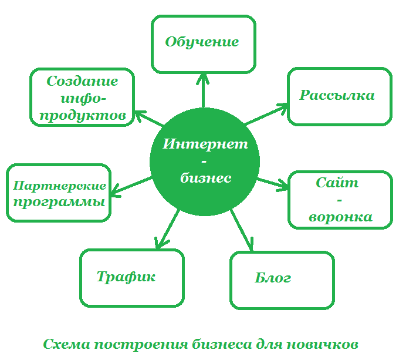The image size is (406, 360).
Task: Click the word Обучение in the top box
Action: click(202, 42)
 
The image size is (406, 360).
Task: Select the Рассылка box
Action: click(338, 96)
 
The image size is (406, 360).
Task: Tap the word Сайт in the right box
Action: click(337, 183)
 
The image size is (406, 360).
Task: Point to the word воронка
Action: click(341, 217)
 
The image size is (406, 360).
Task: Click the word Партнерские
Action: click(59, 186)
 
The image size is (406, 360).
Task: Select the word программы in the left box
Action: click(59, 203)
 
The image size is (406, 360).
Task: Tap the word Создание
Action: click(82, 81)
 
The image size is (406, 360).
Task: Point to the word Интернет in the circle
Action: click(205, 144)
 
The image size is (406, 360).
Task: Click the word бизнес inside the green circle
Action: click(205, 178)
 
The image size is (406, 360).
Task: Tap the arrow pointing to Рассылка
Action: click(266, 115)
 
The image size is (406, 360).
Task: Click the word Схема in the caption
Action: click(66, 344)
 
